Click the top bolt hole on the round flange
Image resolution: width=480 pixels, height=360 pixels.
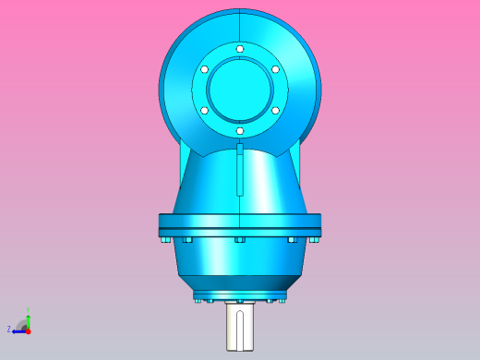[x=240, y=49]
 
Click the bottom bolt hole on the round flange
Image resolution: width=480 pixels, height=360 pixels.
[x=240, y=131]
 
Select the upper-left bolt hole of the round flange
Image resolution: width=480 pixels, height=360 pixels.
[x=205, y=69]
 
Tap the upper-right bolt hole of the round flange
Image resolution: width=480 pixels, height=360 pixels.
[x=275, y=69]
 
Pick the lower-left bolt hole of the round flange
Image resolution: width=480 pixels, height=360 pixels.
[x=205, y=110]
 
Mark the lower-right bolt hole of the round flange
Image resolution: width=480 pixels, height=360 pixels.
[x=275, y=110]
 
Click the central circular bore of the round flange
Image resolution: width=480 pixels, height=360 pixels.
[x=240, y=90]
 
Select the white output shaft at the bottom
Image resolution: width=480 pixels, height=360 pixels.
[x=240, y=328]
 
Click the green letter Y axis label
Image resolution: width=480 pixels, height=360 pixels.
[x=28, y=311]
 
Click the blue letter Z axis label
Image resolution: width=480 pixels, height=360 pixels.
[x=9, y=329]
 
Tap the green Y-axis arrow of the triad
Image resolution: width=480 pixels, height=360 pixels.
[x=28, y=320]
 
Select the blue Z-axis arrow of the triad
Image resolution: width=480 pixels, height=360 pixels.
[x=18, y=330]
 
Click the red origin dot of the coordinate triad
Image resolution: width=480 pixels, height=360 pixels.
[x=28, y=330]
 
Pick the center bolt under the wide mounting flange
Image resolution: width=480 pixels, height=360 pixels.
[x=240, y=240]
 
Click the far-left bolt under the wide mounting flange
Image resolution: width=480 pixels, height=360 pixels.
[x=164, y=240]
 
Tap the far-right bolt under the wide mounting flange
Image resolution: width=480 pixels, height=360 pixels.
[x=316, y=240]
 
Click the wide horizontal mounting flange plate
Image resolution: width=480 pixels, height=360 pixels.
[x=240, y=222]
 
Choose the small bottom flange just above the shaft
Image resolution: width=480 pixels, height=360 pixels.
[x=240, y=294]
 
